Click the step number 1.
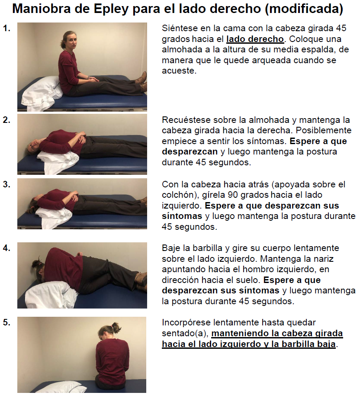click(x=6, y=29)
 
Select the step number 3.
click(x=6, y=184)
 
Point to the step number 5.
click(x=6, y=322)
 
